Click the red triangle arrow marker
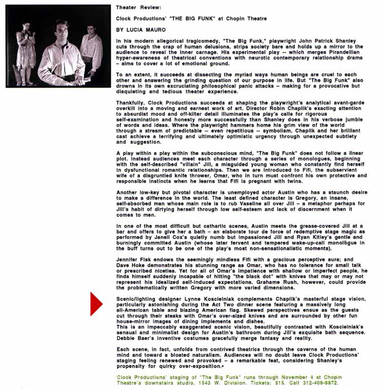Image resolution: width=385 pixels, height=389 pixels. pyautogui.click(x=96, y=303)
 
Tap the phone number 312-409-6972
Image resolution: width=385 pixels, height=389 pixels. pyautogui.click(x=322, y=383)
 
